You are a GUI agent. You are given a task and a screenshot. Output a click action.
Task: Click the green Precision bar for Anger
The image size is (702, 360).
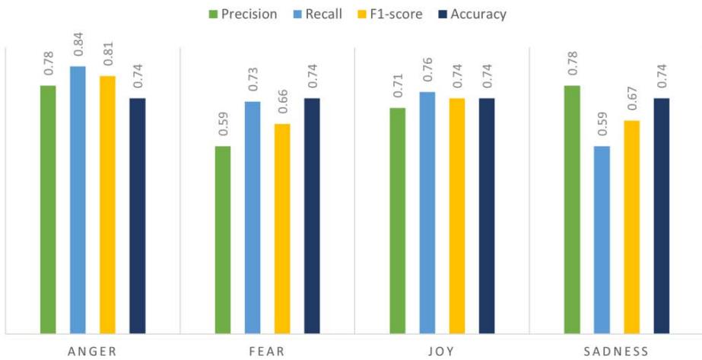tap(48, 209)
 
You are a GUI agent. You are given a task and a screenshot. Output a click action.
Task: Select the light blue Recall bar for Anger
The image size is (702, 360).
tap(78, 199)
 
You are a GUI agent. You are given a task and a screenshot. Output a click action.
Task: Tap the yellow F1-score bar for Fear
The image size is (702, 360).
tap(282, 228)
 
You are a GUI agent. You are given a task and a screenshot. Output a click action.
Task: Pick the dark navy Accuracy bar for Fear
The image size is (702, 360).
tap(312, 215)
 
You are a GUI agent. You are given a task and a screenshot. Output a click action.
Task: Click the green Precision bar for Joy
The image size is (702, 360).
tap(398, 221)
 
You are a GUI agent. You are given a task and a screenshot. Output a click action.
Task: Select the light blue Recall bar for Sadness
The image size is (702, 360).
tap(602, 240)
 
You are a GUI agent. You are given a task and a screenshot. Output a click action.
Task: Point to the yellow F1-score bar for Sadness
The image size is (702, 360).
tap(632, 227)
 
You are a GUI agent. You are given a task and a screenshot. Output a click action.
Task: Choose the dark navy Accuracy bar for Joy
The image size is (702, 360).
tap(487, 215)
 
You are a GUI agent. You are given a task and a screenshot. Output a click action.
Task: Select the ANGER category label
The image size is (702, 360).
tap(92, 351)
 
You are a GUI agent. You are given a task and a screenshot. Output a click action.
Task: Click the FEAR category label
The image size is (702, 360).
tap(267, 351)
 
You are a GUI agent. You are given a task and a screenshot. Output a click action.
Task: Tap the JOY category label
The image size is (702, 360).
tap(442, 351)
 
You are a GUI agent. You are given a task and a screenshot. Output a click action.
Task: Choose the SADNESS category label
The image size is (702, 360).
tap(617, 351)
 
